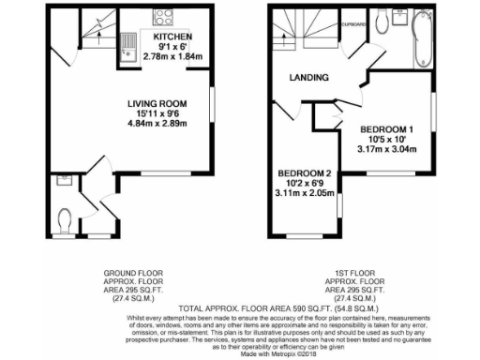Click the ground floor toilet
[64, 219]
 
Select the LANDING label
[308, 77]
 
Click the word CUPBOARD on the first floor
[353, 24]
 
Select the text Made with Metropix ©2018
[240, 352]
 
